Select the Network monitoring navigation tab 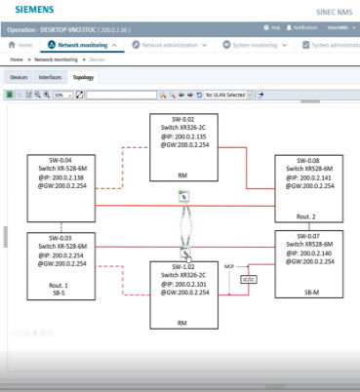coord(81,46)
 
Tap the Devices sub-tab coord(18,76)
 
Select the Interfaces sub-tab coord(50,76)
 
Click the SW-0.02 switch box coord(182,147)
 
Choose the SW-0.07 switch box coord(311,263)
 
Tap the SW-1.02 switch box coord(182,294)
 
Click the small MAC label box coord(247,280)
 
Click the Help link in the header coord(274,29)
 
